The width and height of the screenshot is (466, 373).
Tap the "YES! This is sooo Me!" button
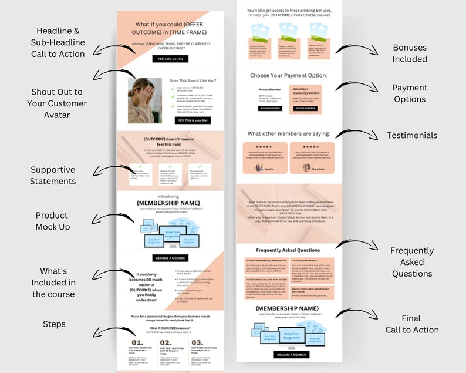(x=193, y=120)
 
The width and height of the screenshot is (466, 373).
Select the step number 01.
(x=137, y=342)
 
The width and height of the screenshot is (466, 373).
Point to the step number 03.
(x=198, y=342)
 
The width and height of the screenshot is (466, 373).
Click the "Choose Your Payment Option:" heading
(x=288, y=76)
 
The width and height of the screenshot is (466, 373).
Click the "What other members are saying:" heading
(x=289, y=134)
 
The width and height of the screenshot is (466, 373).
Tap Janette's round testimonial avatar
(x=259, y=167)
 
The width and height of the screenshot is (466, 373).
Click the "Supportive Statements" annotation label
(x=53, y=175)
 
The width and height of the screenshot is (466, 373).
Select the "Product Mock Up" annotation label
(x=53, y=221)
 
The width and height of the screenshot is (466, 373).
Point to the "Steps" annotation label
(x=54, y=324)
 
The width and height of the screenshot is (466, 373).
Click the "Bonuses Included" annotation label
(x=410, y=53)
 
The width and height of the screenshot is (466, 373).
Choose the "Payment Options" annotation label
(x=410, y=93)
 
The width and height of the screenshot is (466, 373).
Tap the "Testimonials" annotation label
(x=412, y=136)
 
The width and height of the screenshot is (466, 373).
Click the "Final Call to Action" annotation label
(x=412, y=324)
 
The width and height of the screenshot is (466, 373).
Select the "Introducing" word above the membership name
(x=168, y=197)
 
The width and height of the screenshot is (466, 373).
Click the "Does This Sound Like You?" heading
(x=193, y=80)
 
